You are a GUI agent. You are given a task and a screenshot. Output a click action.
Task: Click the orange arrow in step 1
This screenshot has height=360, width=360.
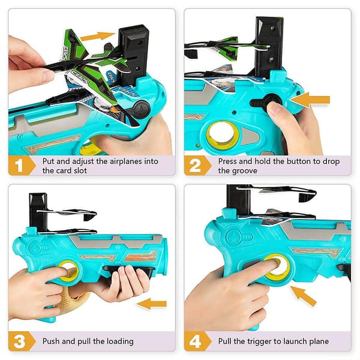98,37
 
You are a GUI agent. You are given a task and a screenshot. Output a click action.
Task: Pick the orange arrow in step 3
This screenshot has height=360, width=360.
152,304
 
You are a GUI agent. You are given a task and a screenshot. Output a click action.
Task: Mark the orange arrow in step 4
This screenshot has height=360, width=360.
303,296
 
